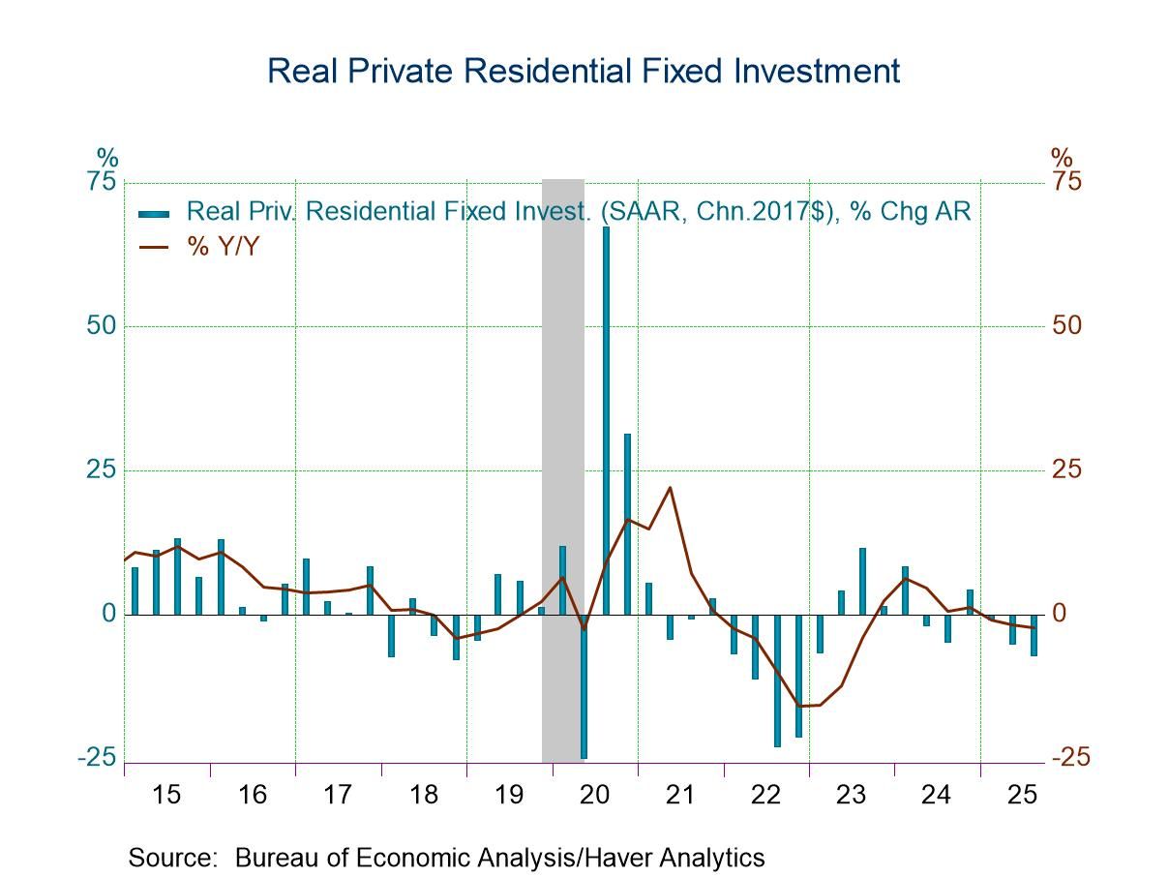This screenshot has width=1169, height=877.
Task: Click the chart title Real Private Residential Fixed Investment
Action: click(584, 71)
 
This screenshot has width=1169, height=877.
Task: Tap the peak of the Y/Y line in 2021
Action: click(670, 487)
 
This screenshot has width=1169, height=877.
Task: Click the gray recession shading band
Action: click(562, 387)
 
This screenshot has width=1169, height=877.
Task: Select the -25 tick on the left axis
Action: click(97, 758)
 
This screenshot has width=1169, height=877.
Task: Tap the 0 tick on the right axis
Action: click(1059, 614)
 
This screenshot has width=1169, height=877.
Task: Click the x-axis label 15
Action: click(166, 795)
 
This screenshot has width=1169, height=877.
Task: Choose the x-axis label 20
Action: click(594, 795)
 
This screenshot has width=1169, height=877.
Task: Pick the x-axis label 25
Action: click(1022, 795)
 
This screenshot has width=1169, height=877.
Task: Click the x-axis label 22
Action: click(765, 795)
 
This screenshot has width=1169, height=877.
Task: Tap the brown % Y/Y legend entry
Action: click(223, 246)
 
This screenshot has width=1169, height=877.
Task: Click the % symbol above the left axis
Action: click(106, 157)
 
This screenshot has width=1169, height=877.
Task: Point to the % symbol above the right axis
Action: click(1062, 157)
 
